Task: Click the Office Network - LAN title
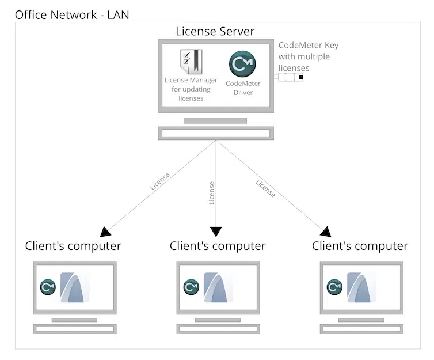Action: pos(72,14)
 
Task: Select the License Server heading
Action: pos(215,31)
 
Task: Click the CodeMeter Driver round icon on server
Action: pos(242,64)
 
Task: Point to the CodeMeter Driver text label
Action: pos(243,88)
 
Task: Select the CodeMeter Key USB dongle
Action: pos(291,77)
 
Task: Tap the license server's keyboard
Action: pos(216,133)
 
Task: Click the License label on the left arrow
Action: pos(159,181)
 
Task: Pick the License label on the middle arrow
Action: pos(211,193)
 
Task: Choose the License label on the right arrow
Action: pos(265,189)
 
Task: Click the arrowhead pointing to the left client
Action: pos(105,232)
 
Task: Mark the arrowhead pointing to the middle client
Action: pos(216,232)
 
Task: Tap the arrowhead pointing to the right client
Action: pos(326,232)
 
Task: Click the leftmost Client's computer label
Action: pos(73,247)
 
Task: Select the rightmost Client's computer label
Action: pos(360,247)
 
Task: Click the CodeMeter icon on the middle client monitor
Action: pos(191,287)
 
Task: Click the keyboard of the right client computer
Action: pos(361,329)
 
